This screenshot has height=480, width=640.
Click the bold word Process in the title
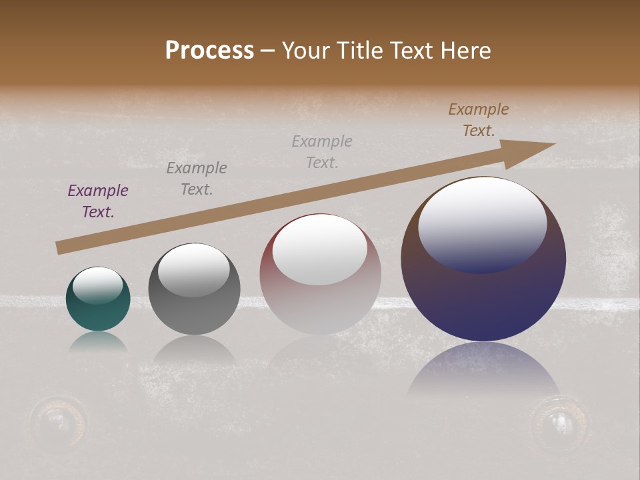tap(209, 51)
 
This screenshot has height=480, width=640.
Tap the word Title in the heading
tap(358, 51)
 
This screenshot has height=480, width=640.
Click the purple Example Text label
tap(98, 201)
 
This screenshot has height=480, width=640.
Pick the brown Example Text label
tap(479, 120)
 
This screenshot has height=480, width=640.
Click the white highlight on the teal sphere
tap(98, 285)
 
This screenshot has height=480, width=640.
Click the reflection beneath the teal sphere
tap(98, 342)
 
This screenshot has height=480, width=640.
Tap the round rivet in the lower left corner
tap(59, 419)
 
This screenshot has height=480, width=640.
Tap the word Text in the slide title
tap(412, 51)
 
